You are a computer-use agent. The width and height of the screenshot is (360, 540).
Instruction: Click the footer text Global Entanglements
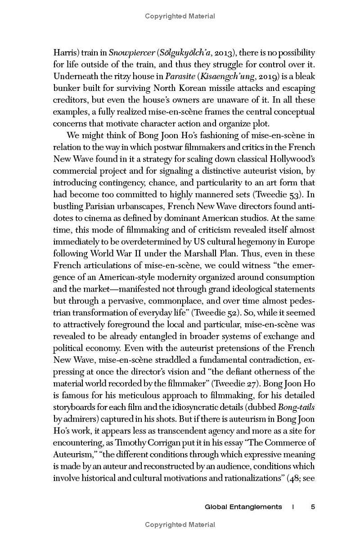pyautogui.click(x=243, y=507)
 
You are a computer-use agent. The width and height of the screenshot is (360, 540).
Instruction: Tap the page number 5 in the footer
pyautogui.click(x=313, y=507)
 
